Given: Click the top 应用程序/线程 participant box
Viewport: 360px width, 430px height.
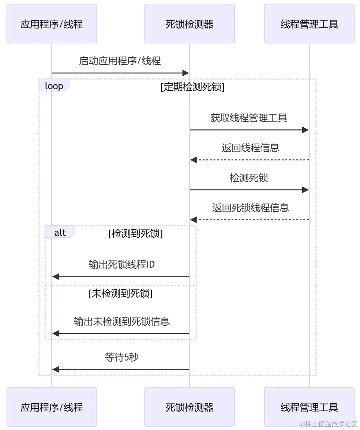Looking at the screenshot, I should pos(52,24).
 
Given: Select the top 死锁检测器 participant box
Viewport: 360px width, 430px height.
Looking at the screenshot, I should pos(189,24).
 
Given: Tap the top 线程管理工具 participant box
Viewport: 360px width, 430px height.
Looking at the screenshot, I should pos(309,24).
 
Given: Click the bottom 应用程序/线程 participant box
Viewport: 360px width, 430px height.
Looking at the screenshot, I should pos(52,407).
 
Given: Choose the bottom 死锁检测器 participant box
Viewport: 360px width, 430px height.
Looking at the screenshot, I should pos(189,407).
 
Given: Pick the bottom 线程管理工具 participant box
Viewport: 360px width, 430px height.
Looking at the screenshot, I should pos(309,407).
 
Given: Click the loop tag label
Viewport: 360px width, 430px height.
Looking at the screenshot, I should pos(54,86).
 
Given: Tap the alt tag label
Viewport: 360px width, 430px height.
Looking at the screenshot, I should pos(60,233).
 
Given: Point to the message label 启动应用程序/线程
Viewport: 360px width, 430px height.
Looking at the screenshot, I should pos(120,61).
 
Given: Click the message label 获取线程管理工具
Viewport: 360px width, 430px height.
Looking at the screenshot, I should pos(249,118).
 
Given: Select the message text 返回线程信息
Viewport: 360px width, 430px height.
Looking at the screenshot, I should pos(250,148).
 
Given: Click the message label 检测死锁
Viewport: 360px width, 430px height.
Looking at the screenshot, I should pos(249,178).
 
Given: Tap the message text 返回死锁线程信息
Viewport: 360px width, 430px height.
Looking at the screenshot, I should pos(250,208).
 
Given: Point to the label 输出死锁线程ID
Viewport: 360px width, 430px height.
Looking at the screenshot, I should pos(121,264).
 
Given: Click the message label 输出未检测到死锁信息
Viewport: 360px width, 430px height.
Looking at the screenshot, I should pos(121,321).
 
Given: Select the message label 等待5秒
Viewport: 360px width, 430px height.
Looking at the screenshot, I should pos(121,357).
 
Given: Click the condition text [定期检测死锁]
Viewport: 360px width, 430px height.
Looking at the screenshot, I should pos(192,87).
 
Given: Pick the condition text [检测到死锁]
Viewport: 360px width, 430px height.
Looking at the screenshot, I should pos(135,234).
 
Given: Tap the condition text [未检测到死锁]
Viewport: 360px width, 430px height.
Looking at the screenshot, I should pos(120,294).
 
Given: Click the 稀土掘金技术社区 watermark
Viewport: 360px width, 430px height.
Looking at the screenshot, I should pos(328,424).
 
